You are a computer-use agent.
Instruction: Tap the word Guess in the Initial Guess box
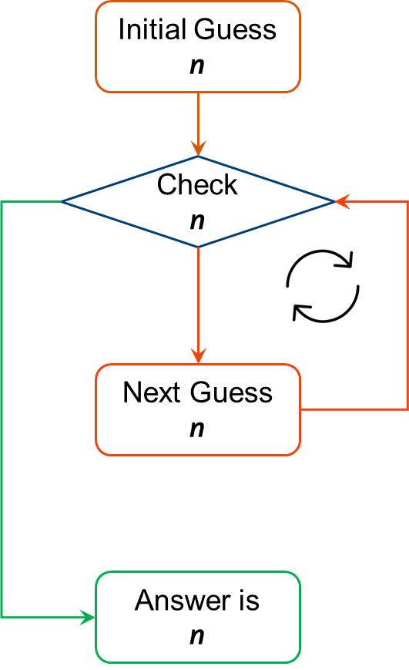click(x=235, y=30)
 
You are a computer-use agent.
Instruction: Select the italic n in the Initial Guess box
click(x=197, y=66)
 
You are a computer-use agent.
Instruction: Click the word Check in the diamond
click(x=197, y=185)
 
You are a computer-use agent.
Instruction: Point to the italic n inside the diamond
click(x=197, y=221)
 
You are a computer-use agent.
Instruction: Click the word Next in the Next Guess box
click(x=151, y=392)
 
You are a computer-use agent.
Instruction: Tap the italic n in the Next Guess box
click(x=197, y=429)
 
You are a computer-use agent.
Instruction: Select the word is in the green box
click(x=250, y=601)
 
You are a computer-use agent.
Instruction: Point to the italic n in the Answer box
click(x=197, y=636)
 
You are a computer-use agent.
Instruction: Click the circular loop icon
click(x=323, y=285)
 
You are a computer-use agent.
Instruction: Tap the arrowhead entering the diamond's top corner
click(x=198, y=149)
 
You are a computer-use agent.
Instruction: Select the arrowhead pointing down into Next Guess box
click(x=198, y=356)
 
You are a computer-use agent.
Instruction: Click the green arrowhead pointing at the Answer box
click(x=88, y=617)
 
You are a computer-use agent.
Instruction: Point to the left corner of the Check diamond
click(x=62, y=202)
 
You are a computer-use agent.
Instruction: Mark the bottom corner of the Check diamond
click(x=198, y=247)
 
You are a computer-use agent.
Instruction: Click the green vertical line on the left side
click(x=2, y=409)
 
